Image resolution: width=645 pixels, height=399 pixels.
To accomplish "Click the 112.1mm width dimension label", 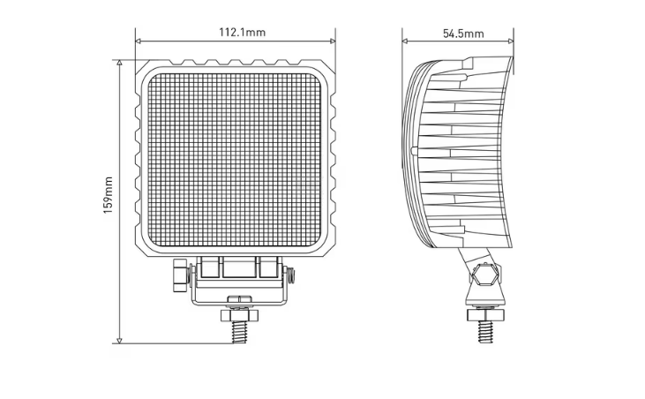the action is [x=242, y=32].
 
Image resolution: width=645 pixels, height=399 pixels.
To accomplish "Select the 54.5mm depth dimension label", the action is [x=463, y=34].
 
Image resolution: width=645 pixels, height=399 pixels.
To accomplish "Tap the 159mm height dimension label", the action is [x=109, y=195].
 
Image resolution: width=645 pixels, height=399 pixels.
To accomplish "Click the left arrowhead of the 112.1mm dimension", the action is [x=139, y=41].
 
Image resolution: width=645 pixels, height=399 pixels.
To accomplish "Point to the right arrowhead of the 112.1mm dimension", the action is [x=333, y=41].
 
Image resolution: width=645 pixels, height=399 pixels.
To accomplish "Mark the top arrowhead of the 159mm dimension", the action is [x=119, y=63].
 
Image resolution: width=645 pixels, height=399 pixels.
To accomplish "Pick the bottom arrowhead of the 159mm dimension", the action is [x=119, y=341].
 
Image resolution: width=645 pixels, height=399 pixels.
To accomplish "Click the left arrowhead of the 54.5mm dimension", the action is [x=405, y=41].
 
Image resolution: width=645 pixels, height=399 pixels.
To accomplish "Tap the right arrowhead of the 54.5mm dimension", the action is [x=511, y=41].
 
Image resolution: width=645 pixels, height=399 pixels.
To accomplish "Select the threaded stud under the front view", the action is [x=239, y=332].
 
